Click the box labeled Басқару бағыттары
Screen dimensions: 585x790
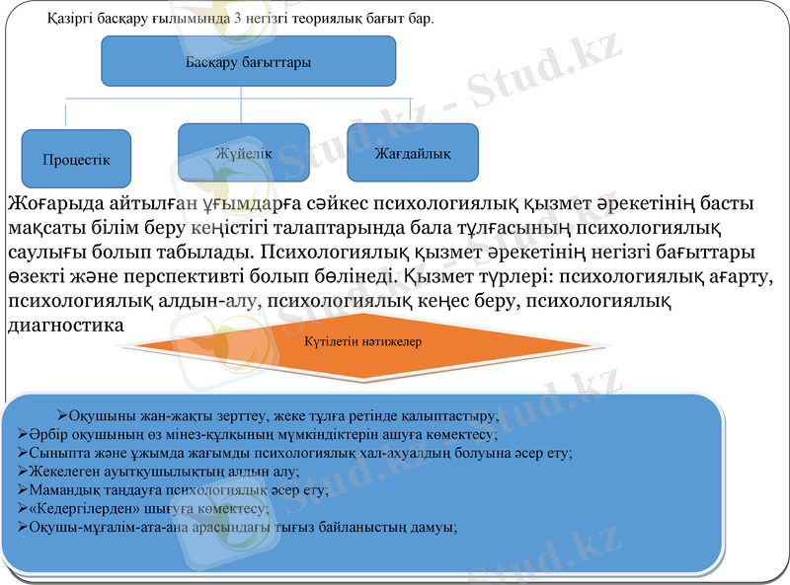[249, 62]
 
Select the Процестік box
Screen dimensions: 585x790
[76, 159]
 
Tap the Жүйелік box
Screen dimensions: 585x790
[243, 153]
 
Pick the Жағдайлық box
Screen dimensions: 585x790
[413, 153]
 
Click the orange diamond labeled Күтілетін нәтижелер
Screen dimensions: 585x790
[363, 342]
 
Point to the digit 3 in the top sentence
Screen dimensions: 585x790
[236, 19]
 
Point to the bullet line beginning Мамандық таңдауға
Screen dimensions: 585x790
[178, 490]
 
